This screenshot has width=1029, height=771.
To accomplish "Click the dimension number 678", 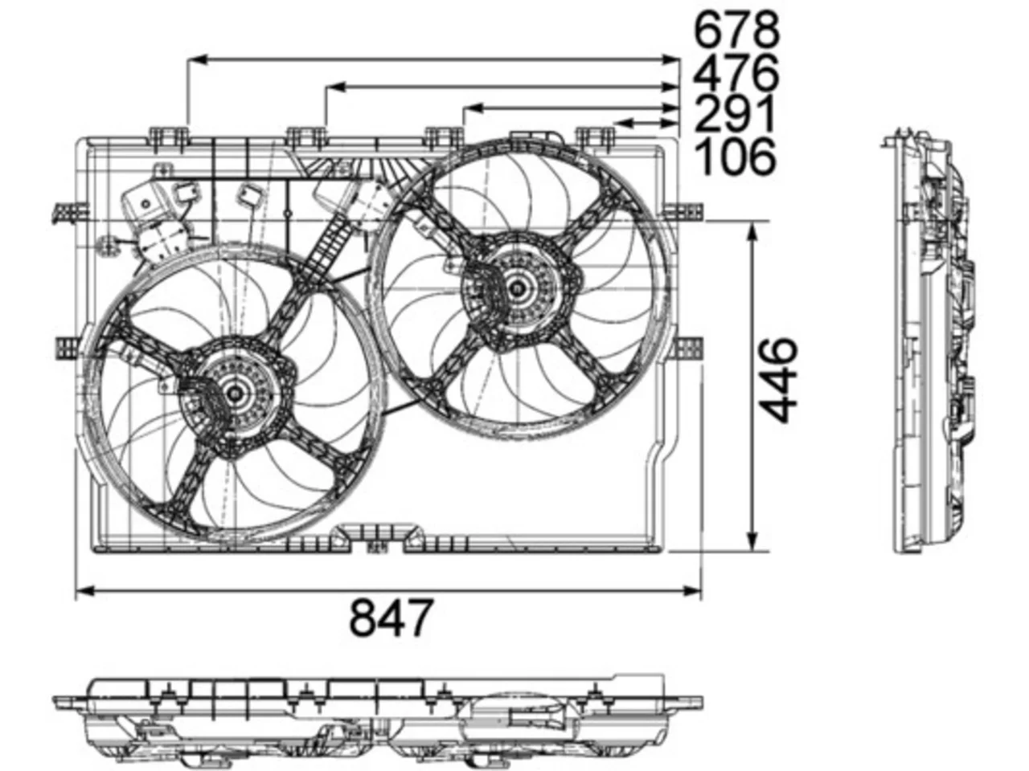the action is [736, 30].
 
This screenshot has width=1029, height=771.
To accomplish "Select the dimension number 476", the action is [736, 72].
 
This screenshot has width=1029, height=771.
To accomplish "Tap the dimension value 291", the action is [734, 114].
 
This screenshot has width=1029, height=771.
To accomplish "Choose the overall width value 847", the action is [390, 617].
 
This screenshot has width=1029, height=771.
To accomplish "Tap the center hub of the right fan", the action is [517, 288].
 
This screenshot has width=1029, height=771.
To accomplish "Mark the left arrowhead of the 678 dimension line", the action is [197, 59].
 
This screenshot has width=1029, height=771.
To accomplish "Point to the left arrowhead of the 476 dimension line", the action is [335, 87].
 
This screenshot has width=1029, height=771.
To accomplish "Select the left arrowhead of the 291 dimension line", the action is [473, 108].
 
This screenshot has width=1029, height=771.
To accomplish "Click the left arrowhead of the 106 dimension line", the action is [623, 124].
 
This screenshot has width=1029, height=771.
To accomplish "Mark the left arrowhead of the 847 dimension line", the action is [85, 592].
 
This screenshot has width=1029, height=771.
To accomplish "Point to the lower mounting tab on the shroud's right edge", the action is [687, 347].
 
